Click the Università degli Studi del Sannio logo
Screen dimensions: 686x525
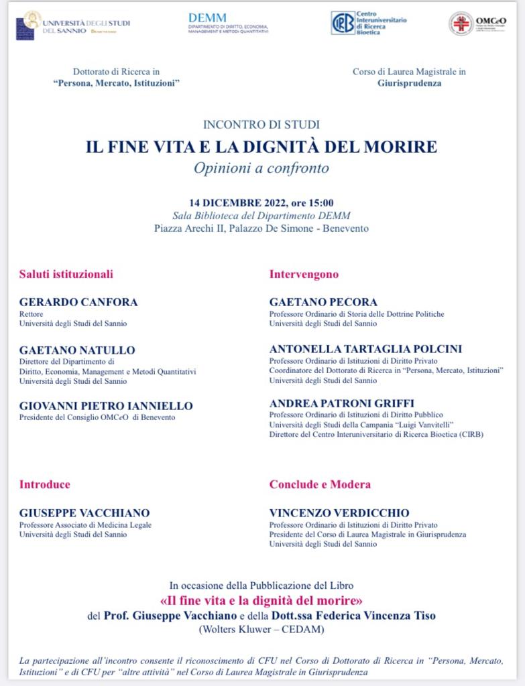coord(72,25)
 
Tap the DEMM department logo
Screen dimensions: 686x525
coord(228,23)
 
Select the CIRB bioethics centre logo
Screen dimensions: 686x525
coord(369,23)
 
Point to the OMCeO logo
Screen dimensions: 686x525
coord(477,23)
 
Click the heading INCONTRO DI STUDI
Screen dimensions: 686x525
coord(261,124)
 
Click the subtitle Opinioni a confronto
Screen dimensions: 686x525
coord(261,168)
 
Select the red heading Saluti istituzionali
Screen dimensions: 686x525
coord(66,274)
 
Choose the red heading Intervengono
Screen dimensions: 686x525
coord(304,274)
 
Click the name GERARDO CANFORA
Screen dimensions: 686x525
coord(78,302)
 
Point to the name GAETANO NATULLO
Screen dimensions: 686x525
coord(77,350)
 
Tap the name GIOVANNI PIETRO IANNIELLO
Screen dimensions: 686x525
coord(106,406)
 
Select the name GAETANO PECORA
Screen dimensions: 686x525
coord(323,302)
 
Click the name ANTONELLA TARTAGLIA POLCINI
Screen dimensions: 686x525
coord(365,349)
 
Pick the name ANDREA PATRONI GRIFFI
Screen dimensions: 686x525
coord(342,403)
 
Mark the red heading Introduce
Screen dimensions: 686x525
coord(45,484)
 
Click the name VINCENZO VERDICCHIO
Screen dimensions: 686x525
coord(339,513)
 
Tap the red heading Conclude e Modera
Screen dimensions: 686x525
coord(320,484)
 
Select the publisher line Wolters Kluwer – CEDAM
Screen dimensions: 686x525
coord(261,630)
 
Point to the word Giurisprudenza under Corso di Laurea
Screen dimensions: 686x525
coord(410,84)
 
